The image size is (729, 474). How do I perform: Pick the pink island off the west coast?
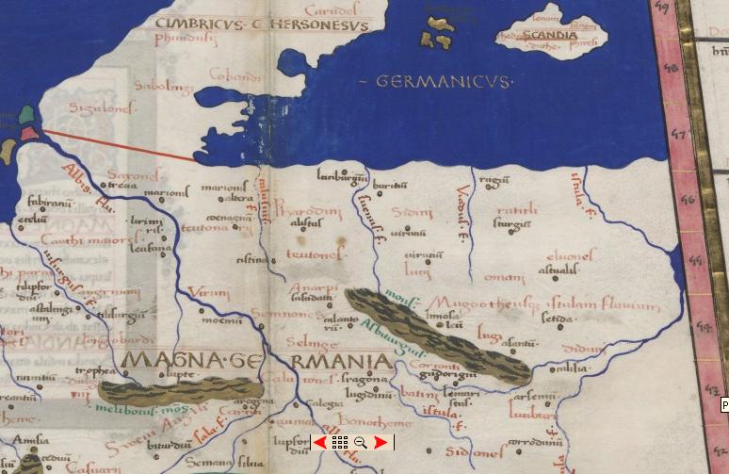point(30,133)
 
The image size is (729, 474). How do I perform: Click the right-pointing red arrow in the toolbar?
point(380,442)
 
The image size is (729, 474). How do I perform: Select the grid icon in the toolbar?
point(340,442)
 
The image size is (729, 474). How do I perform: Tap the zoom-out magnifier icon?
point(360,442)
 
